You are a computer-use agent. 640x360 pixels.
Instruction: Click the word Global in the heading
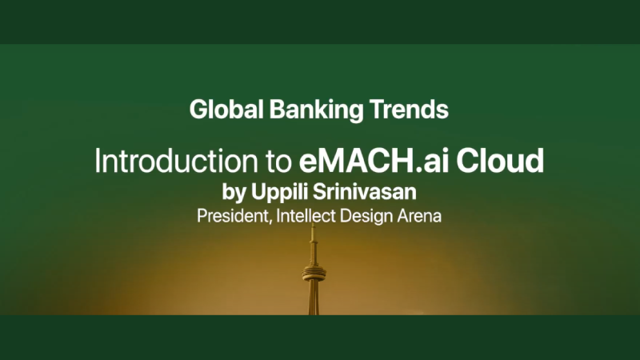(x=218, y=109)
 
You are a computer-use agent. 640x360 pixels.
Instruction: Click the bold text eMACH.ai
(x=372, y=161)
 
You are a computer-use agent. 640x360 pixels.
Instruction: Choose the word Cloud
(x=504, y=161)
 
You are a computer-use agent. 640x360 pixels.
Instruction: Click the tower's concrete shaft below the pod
(x=314, y=300)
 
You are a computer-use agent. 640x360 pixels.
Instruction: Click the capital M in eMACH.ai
(x=334, y=161)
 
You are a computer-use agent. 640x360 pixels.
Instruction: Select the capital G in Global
(x=198, y=109)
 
